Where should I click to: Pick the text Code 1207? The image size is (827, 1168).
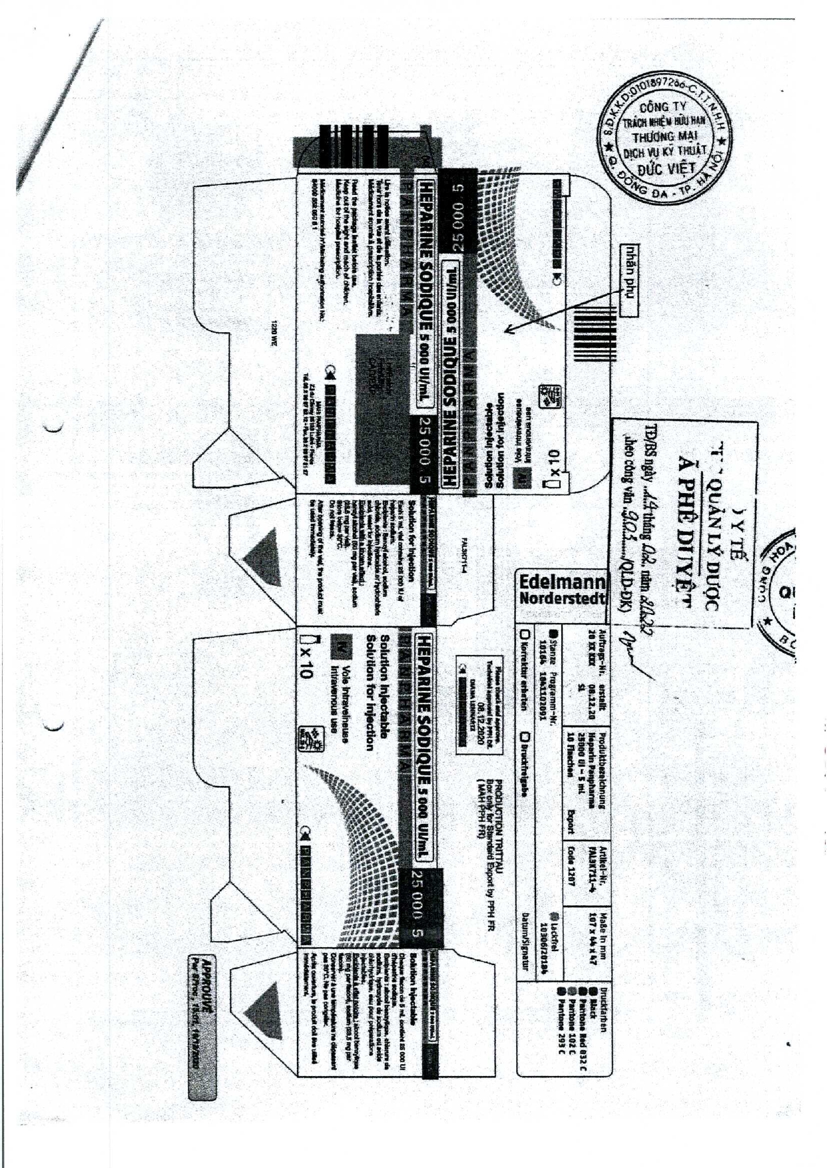(x=571, y=865)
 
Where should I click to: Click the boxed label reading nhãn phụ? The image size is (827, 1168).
(x=628, y=280)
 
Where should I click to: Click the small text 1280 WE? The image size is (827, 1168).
(x=272, y=333)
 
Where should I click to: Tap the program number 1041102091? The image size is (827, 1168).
(x=543, y=695)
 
